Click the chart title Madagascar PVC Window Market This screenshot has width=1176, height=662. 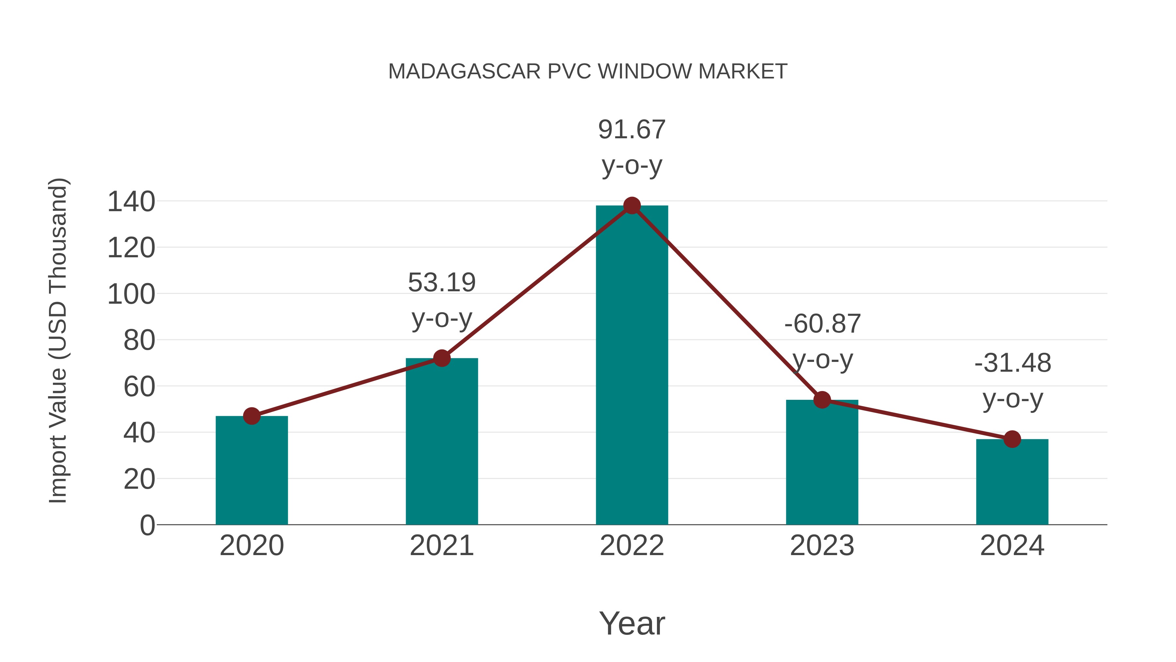(x=588, y=72)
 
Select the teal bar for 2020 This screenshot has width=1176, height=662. (x=252, y=470)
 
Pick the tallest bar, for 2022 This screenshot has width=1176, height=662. (x=631, y=365)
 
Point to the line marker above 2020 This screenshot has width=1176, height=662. (x=252, y=416)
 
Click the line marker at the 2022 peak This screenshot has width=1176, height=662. (x=632, y=206)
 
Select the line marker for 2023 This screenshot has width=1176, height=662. (x=822, y=400)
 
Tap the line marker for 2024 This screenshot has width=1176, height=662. (x=1012, y=439)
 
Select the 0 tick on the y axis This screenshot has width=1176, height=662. (x=147, y=525)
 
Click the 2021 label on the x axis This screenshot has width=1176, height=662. (x=441, y=546)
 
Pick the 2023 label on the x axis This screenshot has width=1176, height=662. (x=822, y=546)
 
